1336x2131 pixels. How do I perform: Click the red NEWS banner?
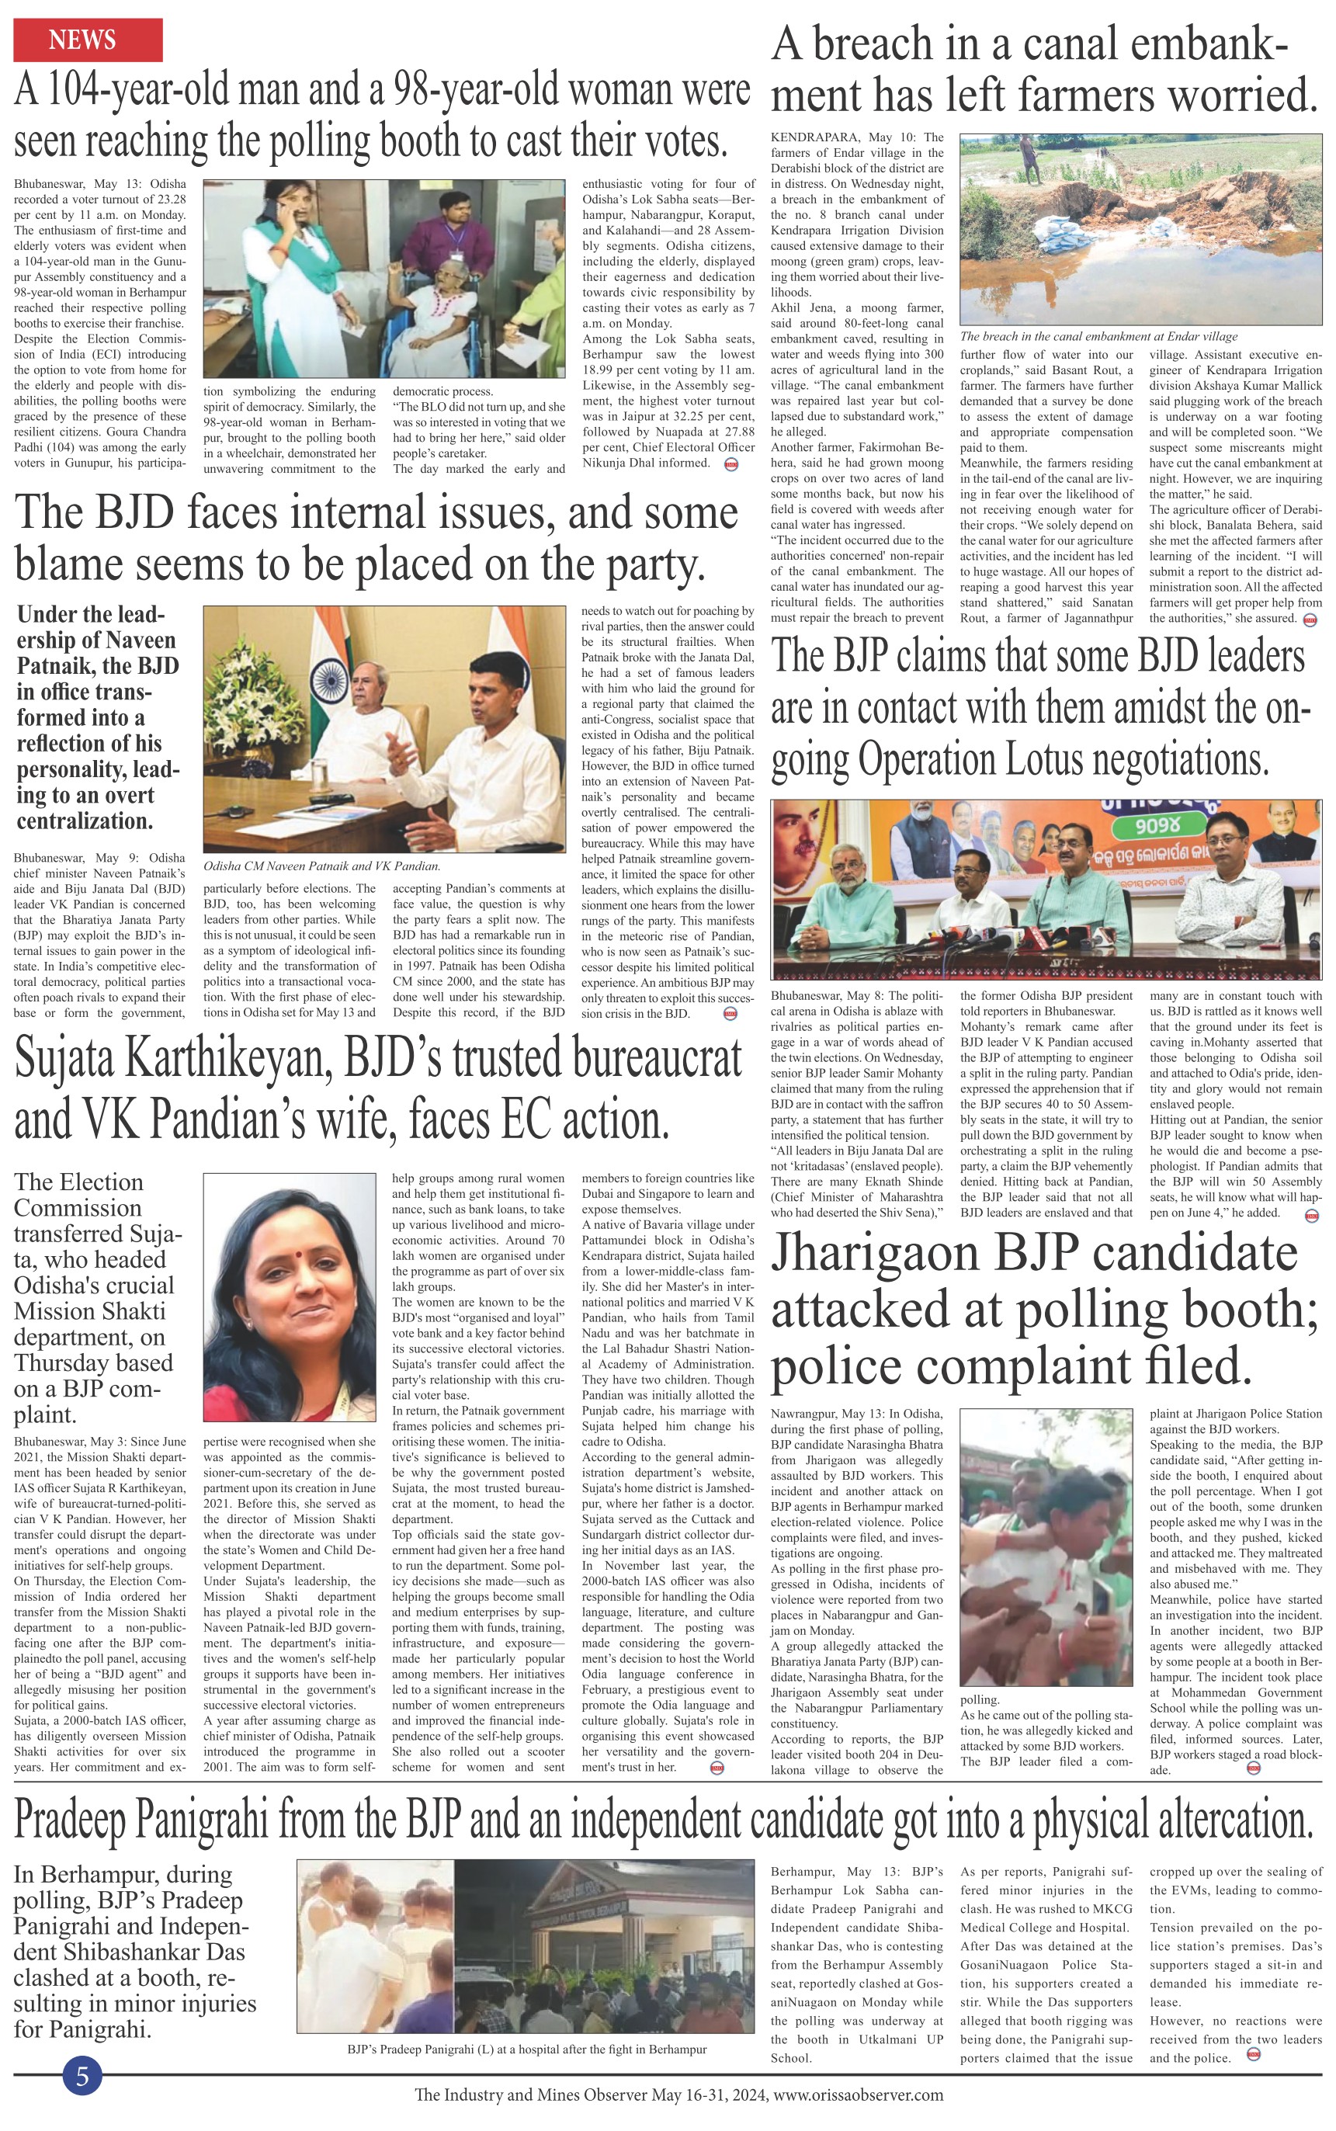[88, 40]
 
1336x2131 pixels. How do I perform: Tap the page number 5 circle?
[82, 2075]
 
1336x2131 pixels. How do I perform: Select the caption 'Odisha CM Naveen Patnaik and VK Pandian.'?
[321, 866]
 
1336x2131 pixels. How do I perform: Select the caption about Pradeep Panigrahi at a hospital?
[526, 2049]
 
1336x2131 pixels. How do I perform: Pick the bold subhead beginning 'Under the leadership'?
[97, 717]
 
